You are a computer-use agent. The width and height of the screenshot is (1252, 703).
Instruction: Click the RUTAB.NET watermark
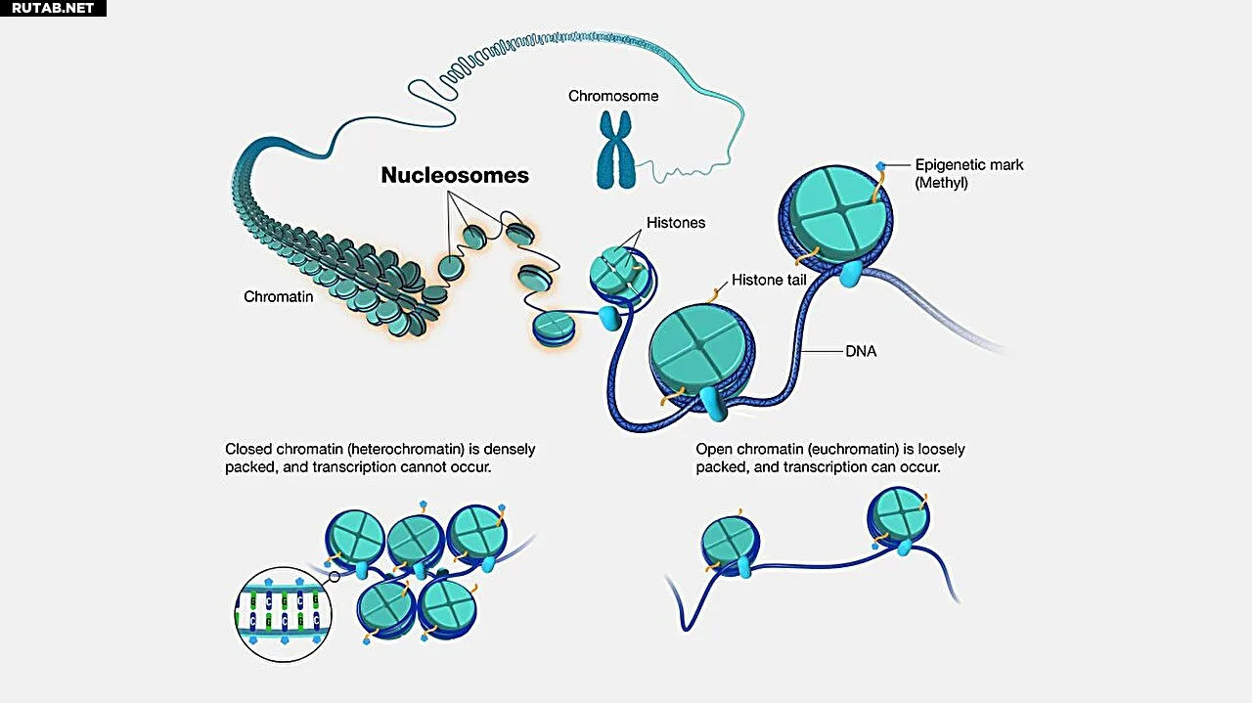point(53,8)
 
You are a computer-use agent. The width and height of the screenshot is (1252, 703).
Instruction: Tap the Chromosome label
point(613,96)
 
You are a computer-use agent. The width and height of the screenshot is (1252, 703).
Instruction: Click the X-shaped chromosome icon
point(615,149)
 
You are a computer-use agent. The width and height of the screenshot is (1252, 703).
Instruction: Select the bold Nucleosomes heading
point(455,176)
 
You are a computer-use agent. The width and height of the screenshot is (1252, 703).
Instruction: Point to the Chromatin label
point(279,296)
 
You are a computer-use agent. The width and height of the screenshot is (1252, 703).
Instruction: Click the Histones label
point(676,223)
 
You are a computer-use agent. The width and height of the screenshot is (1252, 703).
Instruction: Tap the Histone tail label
point(770,281)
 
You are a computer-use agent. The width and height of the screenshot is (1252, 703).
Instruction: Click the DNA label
point(861,351)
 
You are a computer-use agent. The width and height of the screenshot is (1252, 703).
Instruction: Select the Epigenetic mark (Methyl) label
point(969,173)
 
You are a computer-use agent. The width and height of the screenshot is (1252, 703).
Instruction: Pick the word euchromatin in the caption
point(860,450)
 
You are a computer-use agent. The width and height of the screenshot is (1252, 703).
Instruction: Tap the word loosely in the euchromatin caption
point(940,450)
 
